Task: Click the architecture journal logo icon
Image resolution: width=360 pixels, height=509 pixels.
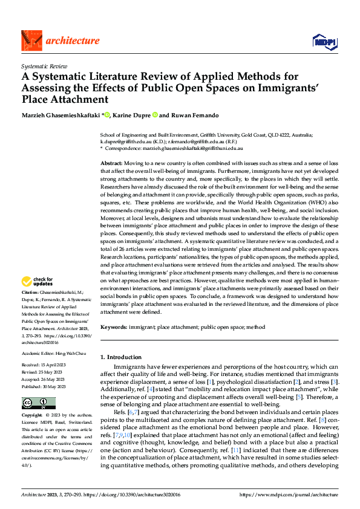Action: point(31,40)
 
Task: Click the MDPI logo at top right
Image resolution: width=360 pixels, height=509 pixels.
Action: point(324,41)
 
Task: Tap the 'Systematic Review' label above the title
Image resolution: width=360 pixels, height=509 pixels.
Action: point(44,65)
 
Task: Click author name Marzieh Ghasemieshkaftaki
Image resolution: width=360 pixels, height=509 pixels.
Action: point(62,114)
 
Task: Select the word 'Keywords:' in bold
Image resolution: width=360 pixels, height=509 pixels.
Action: point(114,326)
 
